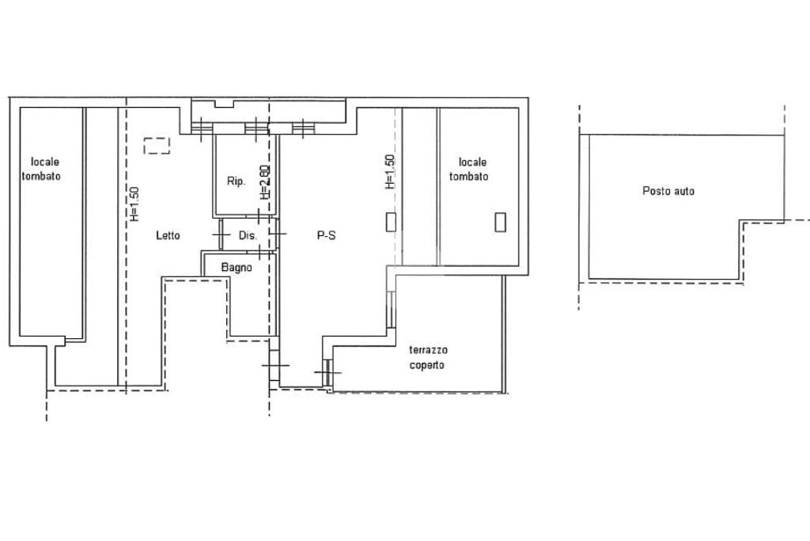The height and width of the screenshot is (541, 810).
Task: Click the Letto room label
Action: pos(168,235)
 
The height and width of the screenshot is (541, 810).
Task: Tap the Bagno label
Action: pos(237,268)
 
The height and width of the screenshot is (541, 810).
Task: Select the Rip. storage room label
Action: pos(236,181)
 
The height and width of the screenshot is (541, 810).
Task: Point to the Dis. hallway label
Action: pos(248,235)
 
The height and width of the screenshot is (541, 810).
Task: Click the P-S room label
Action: pos(326,235)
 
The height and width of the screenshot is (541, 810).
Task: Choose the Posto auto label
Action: pos(668,191)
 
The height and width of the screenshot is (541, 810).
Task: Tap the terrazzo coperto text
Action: pos(428,357)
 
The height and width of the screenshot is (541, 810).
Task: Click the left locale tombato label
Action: pos(41,170)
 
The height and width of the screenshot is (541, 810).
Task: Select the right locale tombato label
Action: pos(468,170)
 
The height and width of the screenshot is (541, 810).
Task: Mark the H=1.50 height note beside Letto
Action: pos(134,204)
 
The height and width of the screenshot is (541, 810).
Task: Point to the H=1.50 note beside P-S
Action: pos(390,172)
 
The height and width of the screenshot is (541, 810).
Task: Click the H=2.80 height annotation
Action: pos(264,182)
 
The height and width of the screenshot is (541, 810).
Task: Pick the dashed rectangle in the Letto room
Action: pos(157,146)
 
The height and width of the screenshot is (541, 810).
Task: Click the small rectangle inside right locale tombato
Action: pos(500,222)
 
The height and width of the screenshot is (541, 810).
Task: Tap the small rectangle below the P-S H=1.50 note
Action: pos(391,221)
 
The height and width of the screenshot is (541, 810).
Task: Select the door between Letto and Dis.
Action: pos(221,234)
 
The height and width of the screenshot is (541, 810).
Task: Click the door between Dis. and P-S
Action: pos(278,234)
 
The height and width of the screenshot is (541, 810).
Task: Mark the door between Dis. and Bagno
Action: pos(259,253)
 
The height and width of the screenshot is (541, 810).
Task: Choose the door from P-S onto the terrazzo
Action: pos(327,372)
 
